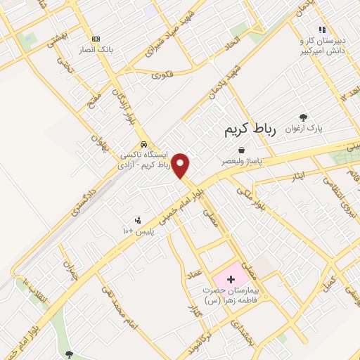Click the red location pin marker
(181, 166)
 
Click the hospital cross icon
(231, 279)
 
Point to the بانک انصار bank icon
(96, 39)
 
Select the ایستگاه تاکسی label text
(143, 154)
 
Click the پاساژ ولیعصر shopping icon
(242, 150)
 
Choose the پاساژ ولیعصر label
(241, 161)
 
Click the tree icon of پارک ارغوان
(303, 117)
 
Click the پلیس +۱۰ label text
(139, 231)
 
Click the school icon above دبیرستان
(322, 30)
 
